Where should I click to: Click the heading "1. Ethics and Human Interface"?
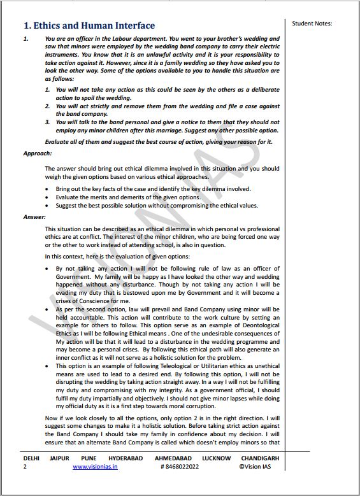coord(89,25)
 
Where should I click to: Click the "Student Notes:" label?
coord(312,24)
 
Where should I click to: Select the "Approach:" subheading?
coord(38,153)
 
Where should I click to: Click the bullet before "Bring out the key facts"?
coord(48,189)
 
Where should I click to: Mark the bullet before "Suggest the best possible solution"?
coord(48,206)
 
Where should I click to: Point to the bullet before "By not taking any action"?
coord(48,269)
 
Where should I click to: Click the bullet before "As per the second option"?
coord(48,308)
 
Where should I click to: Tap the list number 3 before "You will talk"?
coord(47,122)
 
